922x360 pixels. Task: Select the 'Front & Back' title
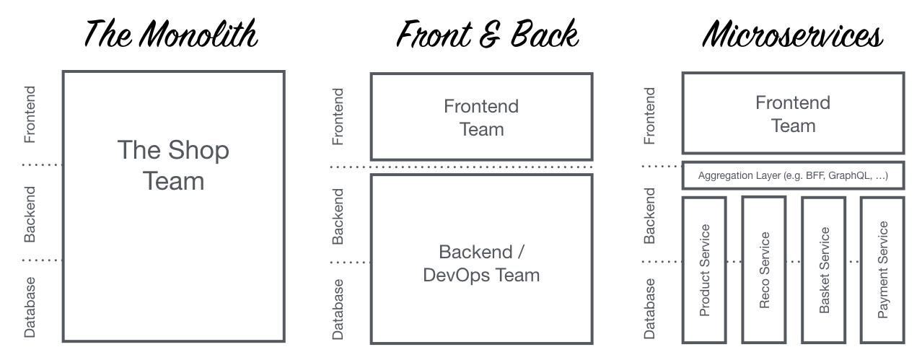488,34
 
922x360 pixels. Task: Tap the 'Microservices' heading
793,34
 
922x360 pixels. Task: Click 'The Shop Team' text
173,165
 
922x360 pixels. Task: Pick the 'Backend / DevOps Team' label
481,263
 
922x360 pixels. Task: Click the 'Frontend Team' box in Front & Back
481,118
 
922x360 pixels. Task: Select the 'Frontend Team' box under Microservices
793,114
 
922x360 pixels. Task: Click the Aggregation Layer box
793,176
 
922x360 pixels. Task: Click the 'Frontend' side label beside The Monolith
30,115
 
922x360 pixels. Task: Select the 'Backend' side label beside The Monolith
30,214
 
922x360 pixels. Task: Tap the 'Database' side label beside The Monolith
30,307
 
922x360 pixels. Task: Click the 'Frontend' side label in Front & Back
338,116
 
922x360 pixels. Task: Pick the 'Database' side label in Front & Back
338,309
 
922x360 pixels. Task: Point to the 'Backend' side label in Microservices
649,215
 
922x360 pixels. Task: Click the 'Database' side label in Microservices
649,308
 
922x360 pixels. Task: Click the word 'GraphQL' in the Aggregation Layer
850,176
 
